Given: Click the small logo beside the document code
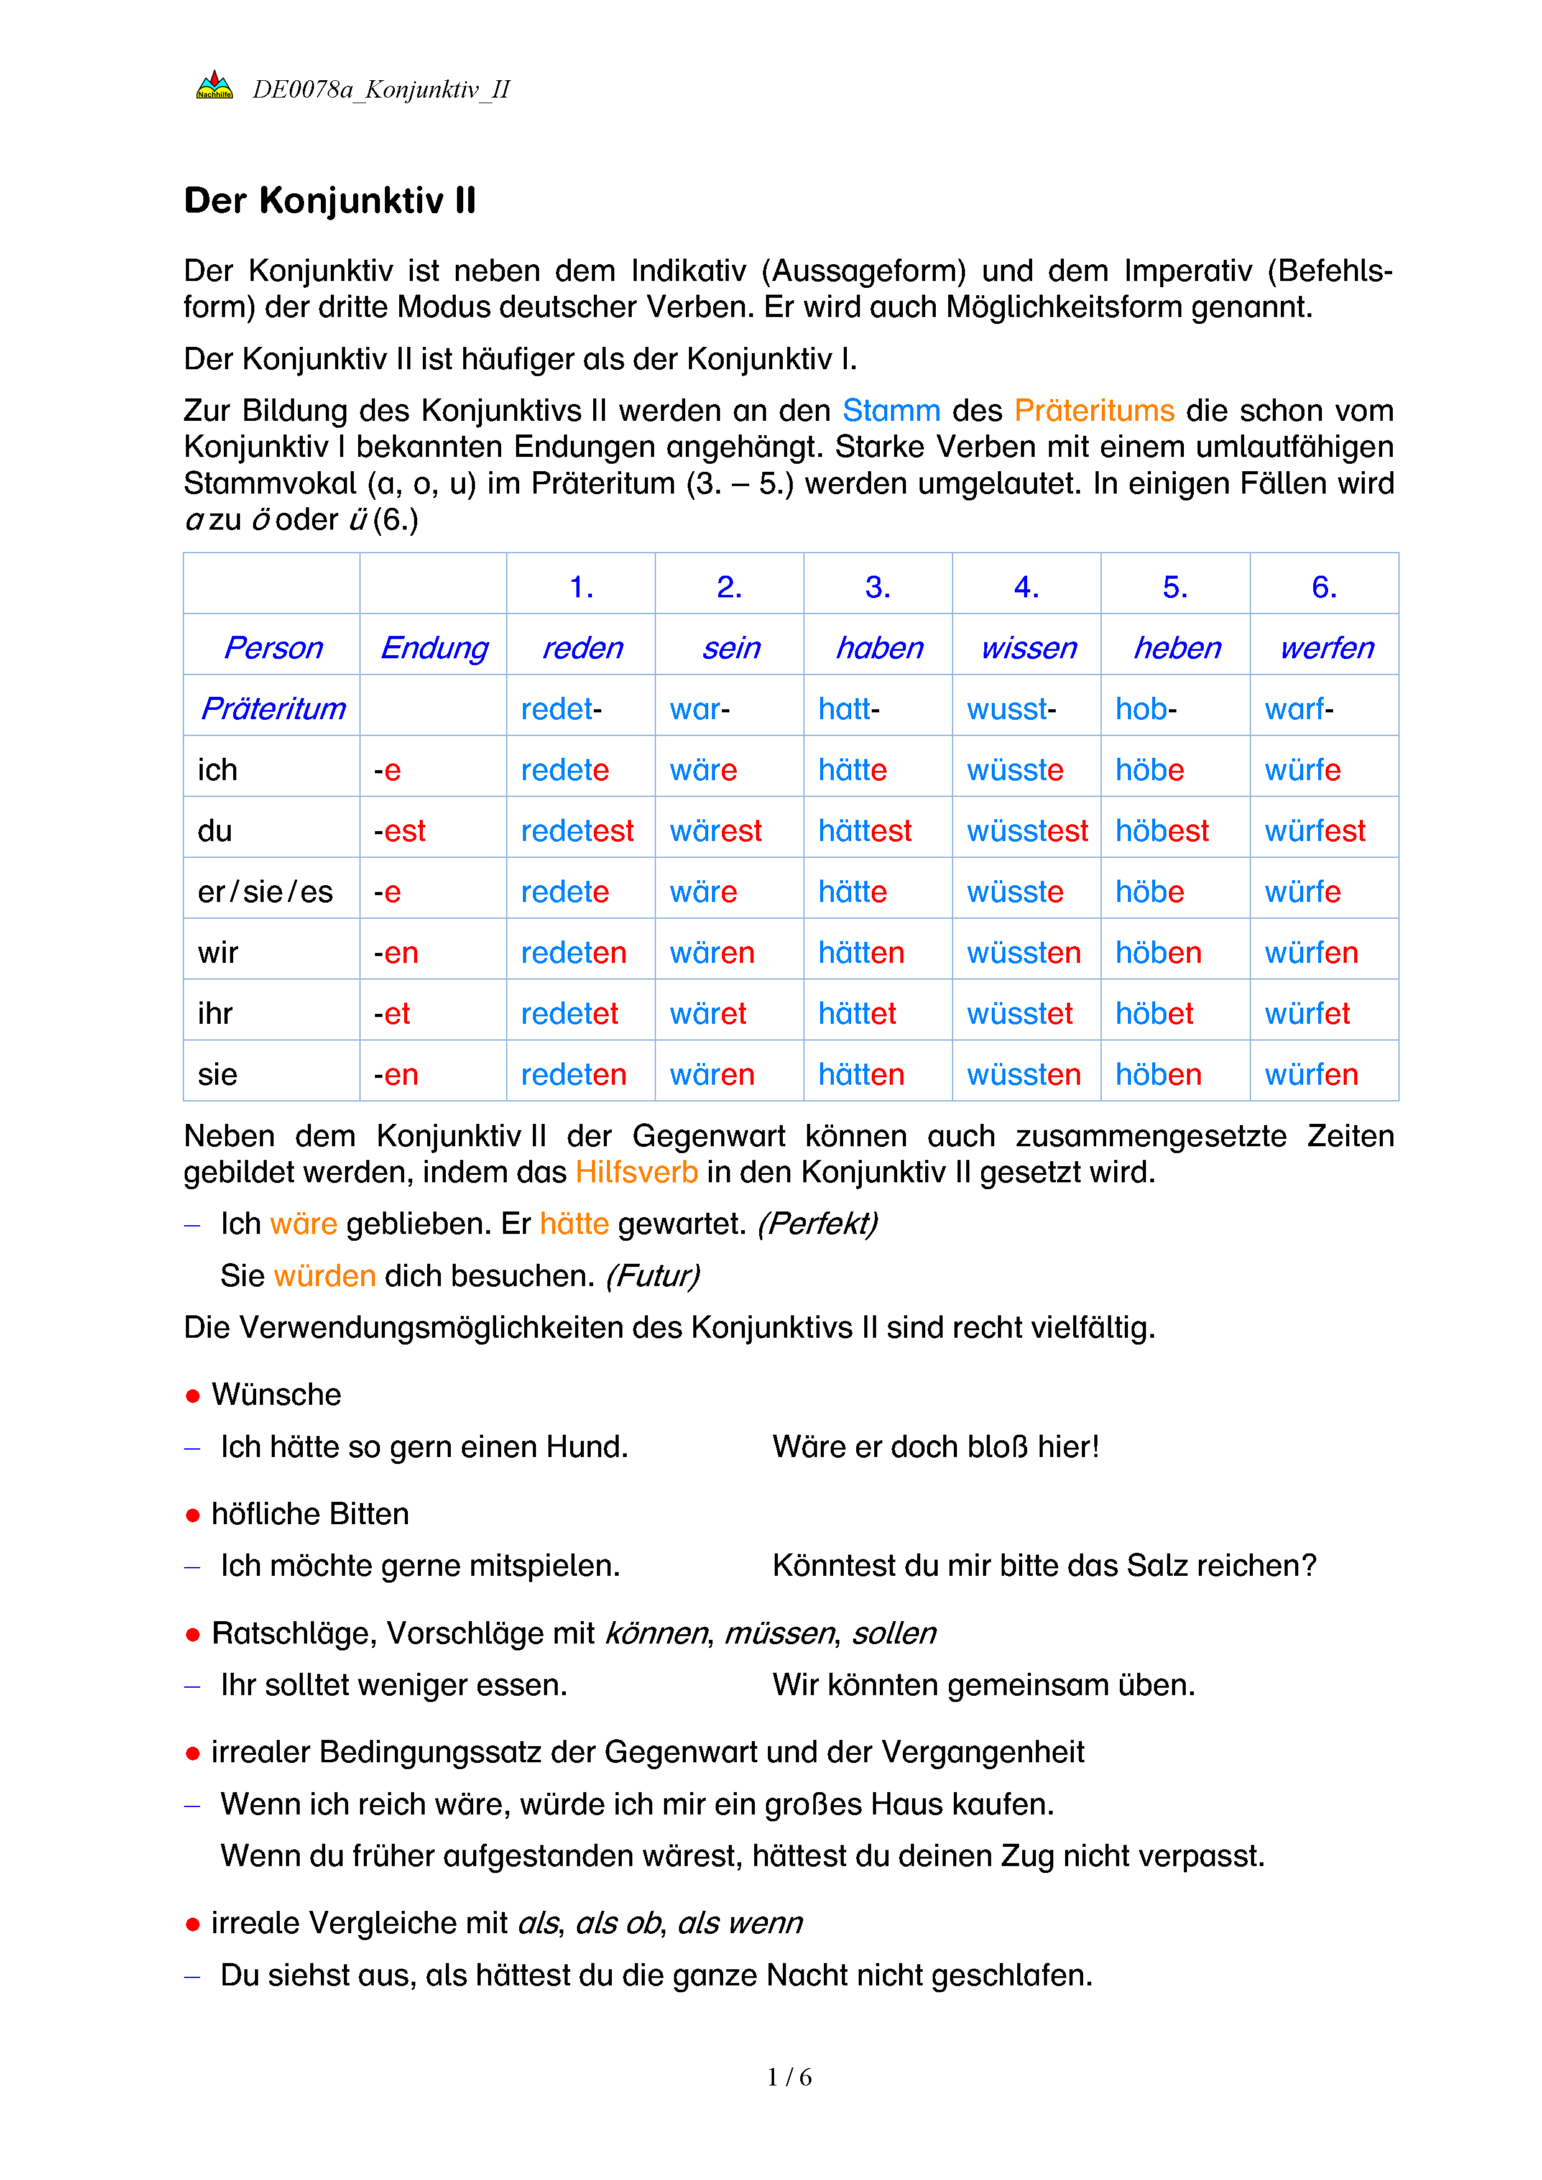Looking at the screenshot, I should [x=215, y=86].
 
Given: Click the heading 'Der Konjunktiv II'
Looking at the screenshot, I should [x=330, y=201].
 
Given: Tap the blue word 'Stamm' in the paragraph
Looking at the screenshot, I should [x=890, y=410].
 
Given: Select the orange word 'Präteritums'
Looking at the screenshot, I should [x=1094, y=410].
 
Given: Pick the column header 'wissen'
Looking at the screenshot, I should [x=1028, y=648].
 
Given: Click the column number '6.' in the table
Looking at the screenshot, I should [x=1324, y=587].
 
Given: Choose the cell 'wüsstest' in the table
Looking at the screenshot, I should [x=1027, y=831].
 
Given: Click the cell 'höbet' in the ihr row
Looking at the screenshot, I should [x=1153, y=1013].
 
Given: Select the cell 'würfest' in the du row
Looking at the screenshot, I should [x=1314, y=831].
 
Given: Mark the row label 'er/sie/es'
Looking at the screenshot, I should [x=265, y=891].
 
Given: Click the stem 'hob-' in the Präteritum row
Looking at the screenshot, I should [x=1145, y=708].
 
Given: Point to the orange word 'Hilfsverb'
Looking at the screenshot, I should [x=636, y=1172].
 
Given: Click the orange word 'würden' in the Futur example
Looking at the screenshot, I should [x=325, y=1275].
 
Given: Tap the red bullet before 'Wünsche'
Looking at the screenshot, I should [x=193, y=1395].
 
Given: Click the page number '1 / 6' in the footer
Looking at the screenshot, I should [x=789, y=2077].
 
